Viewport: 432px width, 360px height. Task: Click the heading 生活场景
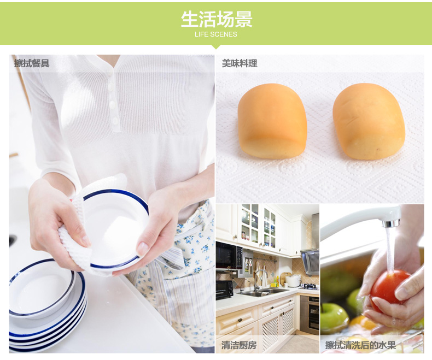(x=217, y=19)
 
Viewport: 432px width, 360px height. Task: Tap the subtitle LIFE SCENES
(x=215, y=34)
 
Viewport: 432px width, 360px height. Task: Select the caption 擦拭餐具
(x=32, y=63)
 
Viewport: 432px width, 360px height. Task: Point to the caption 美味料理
(x=240, y=63)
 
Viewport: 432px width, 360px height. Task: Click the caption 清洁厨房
(x=239, y=345)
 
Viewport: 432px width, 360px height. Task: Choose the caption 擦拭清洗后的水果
(x=360, y=345)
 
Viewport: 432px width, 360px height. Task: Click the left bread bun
(x=272, y=121)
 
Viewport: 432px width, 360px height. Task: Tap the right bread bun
(x=369, y=121)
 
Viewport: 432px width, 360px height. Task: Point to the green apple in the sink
(x=335, y=318)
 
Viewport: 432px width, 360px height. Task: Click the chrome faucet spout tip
(x=390, y=223)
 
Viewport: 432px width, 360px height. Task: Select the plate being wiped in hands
(x=116, y=229)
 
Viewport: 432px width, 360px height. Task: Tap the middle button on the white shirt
(x=112, y=104)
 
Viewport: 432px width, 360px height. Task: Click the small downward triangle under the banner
(x=217, y=47)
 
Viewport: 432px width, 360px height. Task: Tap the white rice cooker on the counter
(x=293, y=280)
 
